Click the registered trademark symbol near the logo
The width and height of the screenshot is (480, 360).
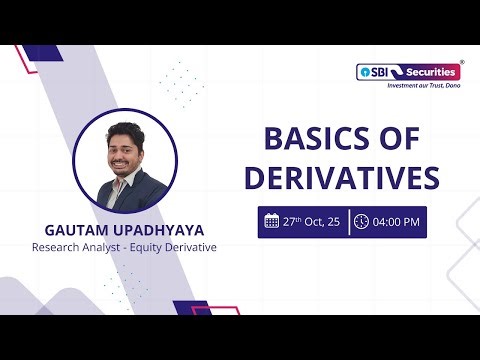(461, 61)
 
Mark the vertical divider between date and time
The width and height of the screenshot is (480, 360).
(348, 221)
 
